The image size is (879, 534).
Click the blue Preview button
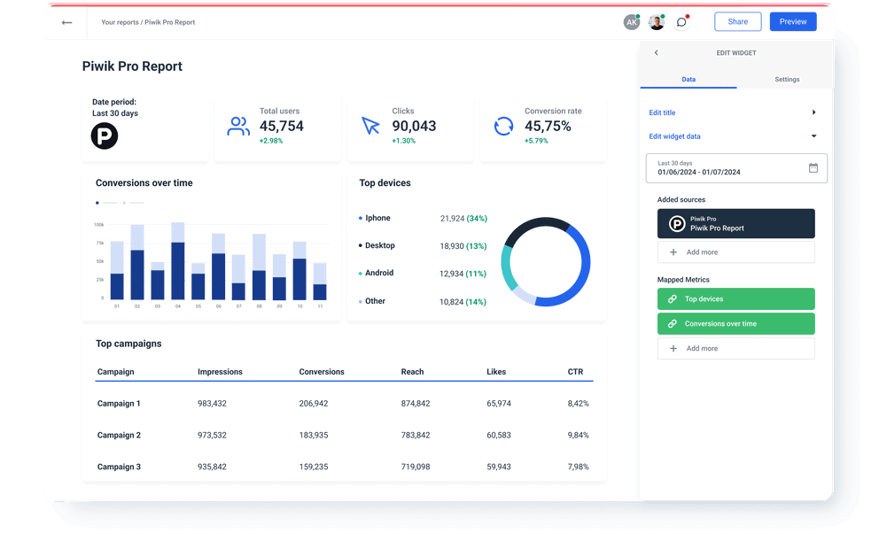792,22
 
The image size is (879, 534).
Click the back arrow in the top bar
66,22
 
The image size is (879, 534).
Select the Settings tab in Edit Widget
786,80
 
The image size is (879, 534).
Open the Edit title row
662,112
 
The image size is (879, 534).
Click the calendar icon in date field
813,167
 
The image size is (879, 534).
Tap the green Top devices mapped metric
735,299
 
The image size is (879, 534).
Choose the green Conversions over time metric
735,324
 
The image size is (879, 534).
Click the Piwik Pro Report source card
735,224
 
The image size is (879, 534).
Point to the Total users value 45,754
281,127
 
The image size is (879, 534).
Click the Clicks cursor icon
370,126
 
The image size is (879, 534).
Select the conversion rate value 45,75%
548,127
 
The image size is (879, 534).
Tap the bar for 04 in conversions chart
178,270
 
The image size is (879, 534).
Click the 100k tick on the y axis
98,225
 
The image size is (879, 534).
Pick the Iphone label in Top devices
377,218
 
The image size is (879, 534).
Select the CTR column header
575,372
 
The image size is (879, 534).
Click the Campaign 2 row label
119,436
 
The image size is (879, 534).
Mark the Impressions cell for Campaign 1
212,404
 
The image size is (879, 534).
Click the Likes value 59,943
499,467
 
